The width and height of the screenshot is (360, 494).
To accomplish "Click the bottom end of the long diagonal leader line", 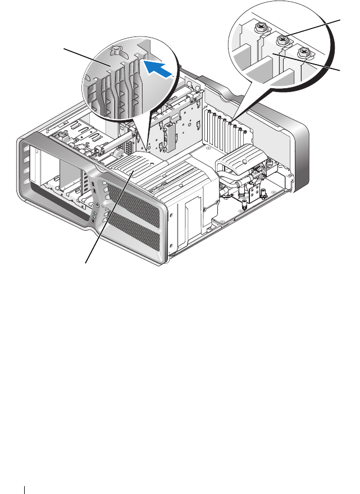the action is point(86,262).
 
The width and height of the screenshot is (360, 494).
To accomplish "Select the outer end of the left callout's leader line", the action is point(63,49).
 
